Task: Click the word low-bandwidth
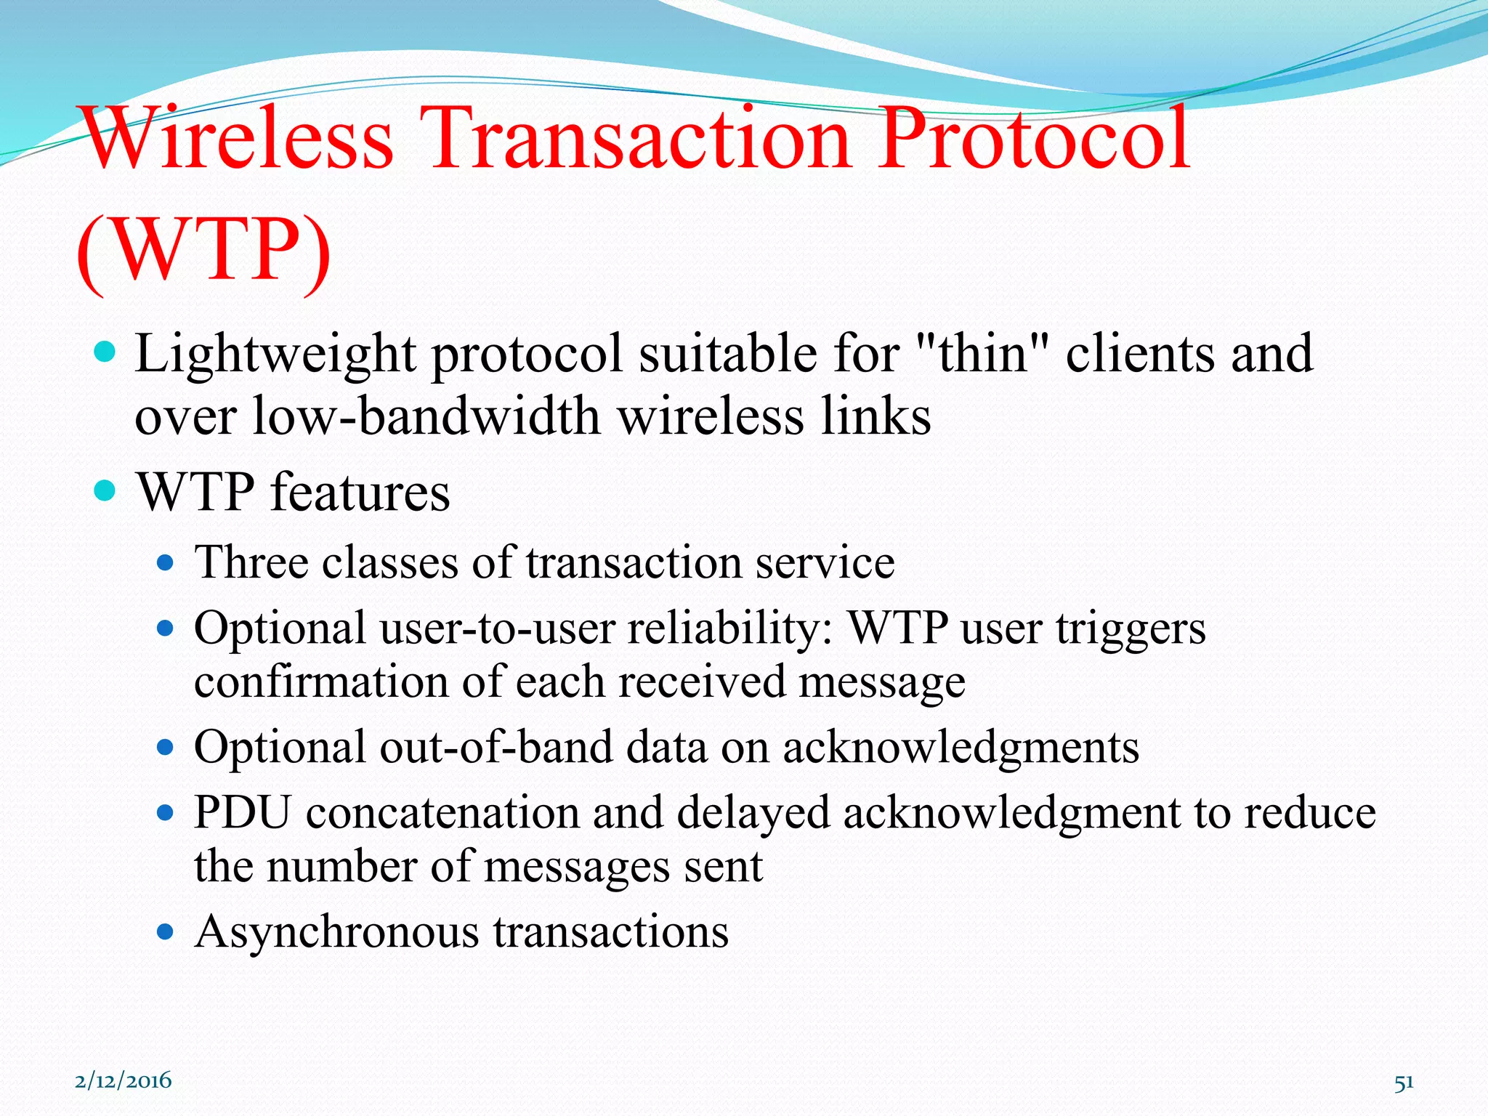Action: coord(426,417)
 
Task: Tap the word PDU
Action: coord(243,812)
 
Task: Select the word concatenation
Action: coord(442,812)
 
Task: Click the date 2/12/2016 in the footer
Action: coord(124,1080)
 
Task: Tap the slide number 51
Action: coord(1404,1083)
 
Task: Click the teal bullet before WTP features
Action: coord(105,492)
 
